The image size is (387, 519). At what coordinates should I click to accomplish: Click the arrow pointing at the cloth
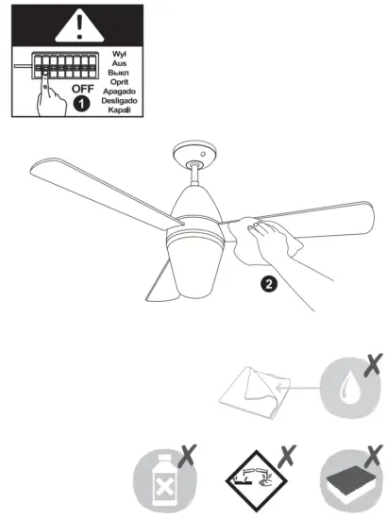click(x=297, y=389)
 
